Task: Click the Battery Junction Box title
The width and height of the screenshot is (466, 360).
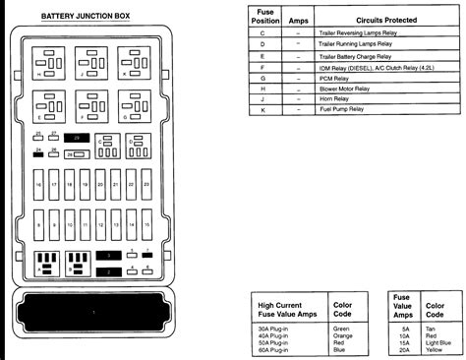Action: (x=85, y=16)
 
